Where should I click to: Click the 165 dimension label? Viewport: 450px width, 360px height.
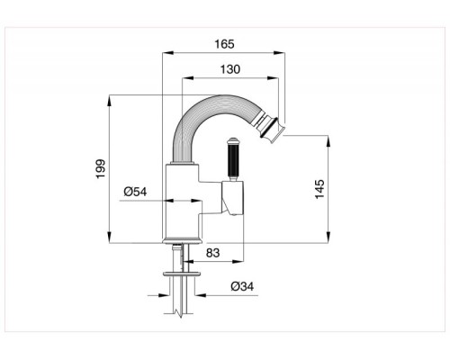click(x=224, y=44)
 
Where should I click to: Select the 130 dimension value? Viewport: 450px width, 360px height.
click(x=230, y=69)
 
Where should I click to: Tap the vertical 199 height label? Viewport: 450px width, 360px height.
click(x=101, y=169)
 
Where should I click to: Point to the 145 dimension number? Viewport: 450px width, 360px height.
click(x=319, y=189)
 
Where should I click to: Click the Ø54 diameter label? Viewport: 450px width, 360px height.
click(x=135, y=192)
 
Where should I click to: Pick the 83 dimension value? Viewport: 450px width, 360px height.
click(x=212, y=253)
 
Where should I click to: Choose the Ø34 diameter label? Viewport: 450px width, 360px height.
click(x=242, y=286)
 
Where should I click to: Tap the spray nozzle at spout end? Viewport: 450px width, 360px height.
click(x=271, y=129)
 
